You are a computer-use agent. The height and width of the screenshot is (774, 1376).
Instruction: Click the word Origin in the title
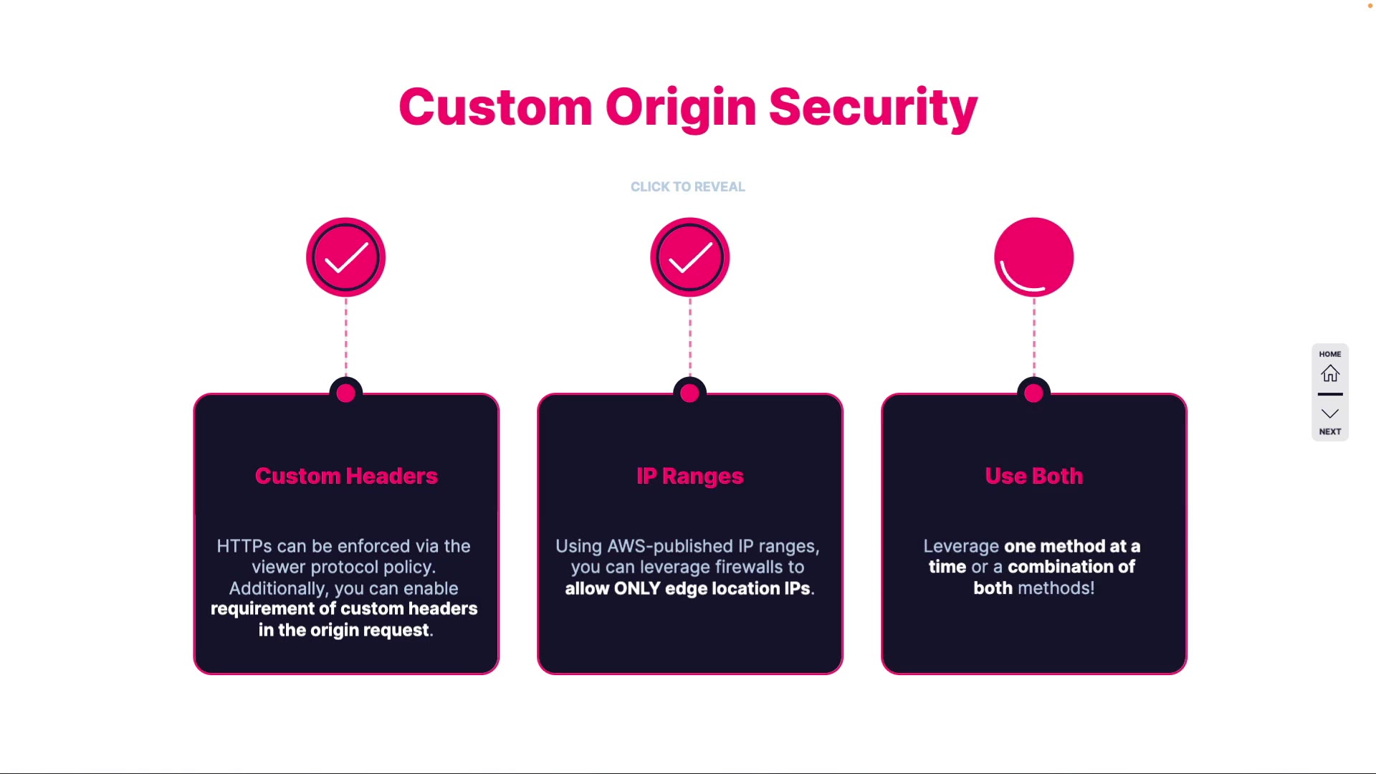pos(680,108)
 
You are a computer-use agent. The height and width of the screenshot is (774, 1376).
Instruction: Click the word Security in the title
pos(873,108)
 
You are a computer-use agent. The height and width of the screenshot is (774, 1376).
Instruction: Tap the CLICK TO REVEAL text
pos(687,187)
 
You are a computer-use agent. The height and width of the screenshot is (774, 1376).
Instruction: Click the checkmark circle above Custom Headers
pos(346,257)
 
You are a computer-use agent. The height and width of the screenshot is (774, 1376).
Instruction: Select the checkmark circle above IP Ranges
pos(690,257)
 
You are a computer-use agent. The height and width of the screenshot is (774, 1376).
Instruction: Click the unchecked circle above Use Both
pos(1033,257)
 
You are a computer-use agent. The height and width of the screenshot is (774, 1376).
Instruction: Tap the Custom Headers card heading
pos(346,476)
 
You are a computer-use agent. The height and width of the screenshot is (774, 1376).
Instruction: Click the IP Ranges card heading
pos(690,476)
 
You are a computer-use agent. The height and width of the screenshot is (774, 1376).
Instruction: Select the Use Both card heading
pos(1033,476)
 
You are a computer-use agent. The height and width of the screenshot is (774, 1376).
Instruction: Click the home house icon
pos(1330,373)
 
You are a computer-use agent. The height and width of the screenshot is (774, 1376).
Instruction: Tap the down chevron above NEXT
pos(1330,414)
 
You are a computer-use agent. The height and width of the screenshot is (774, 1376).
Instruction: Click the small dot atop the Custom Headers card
pos(346,393)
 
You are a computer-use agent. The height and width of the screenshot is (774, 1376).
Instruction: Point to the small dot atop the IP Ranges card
pos(690,393)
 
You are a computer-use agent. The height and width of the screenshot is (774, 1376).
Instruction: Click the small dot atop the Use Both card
pos(1033,393)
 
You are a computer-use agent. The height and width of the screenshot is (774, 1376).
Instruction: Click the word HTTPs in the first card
pos(244,546)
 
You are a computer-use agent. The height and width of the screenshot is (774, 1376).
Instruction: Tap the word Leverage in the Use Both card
pos(960,546)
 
